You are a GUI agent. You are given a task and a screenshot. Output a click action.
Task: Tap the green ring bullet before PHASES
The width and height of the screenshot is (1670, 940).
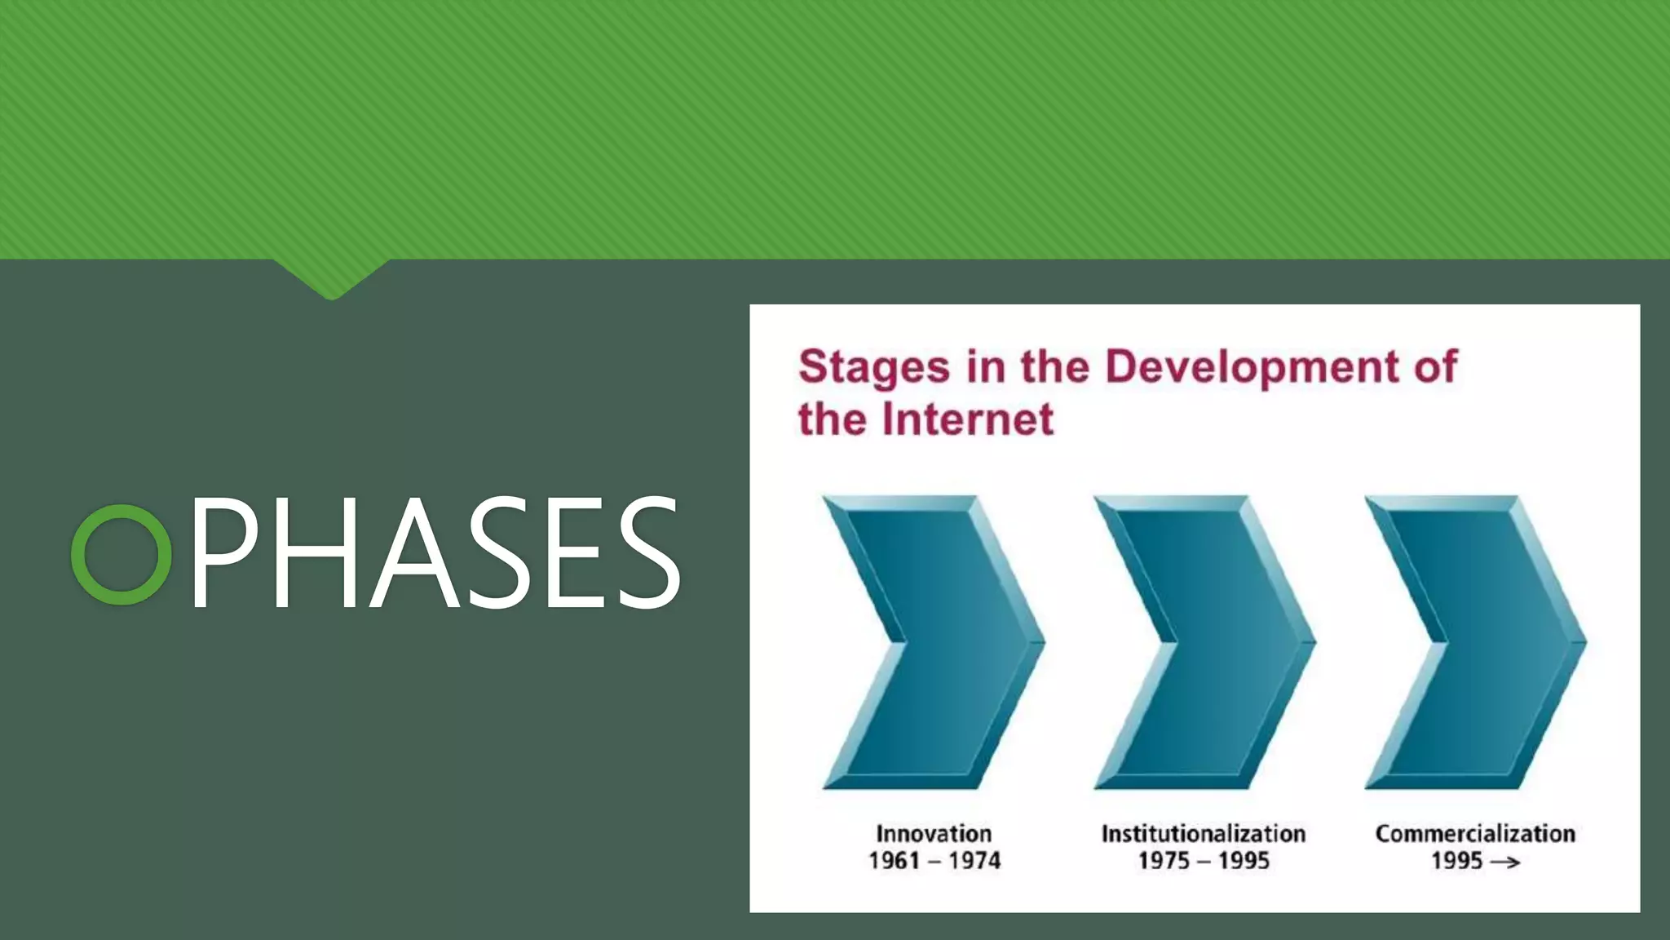tap(121, 554)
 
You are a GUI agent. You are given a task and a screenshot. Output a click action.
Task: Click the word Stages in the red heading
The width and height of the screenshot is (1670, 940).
tap(873, 366)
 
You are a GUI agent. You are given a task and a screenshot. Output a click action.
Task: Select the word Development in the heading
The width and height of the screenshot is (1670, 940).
tap(1252, 366)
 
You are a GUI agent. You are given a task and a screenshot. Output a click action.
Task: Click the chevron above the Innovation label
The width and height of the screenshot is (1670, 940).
tap(934, 642)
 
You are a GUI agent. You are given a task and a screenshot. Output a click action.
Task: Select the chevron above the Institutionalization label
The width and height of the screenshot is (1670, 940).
tap(1204, 642)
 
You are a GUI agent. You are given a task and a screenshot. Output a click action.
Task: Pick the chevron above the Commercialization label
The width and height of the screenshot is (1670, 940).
tap(1475, 642)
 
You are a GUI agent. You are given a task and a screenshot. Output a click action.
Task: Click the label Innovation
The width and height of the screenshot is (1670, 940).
tap(934, 833)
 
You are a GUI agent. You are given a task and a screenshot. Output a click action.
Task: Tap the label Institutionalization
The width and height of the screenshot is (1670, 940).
tap(1204, 833)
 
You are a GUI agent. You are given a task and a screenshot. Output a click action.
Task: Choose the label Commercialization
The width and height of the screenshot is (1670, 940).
tap(1475, 833)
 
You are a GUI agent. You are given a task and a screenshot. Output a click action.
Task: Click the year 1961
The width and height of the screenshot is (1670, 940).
tap(895, 861)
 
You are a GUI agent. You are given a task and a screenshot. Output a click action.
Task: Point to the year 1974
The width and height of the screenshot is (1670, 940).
tap(974, 861)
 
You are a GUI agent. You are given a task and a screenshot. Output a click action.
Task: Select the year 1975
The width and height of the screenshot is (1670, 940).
tap(1164, 861)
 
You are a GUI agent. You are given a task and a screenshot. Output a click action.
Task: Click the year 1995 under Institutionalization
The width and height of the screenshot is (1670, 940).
tap(1244, 861)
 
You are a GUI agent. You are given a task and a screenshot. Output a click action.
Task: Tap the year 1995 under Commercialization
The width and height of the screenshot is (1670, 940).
tap(1456, 861)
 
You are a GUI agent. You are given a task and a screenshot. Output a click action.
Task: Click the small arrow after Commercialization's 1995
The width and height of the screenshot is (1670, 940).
tap(1505, 862)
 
